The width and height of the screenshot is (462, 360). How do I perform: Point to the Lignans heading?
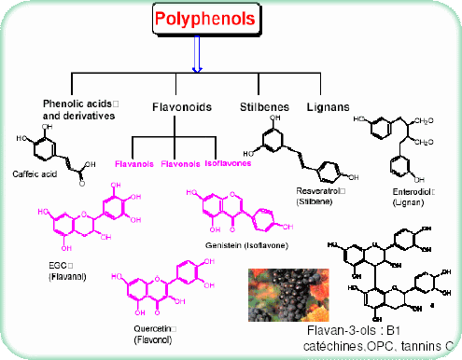pyautogui.click(x=328, y=107)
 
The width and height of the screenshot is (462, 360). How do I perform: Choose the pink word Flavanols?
pyautogui.click(x=134, y=163)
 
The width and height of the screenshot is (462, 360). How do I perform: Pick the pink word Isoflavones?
pyautogui.click(x=230, y=163)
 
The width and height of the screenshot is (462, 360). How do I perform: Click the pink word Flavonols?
pyautogui.click(x=181, y=163)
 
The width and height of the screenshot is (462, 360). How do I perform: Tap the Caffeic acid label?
pyautogui.click(x=36, y=174)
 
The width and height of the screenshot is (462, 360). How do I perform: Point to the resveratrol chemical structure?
pyautogui.click(x=294, y=153)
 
